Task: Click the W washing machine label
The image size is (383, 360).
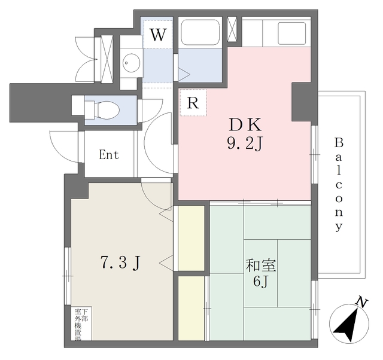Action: [x=157, y=35]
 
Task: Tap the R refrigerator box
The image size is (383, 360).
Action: [x=192, y=103]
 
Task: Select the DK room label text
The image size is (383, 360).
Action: [x=244, y=125]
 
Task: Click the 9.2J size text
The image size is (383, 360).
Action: [x=244, y=144]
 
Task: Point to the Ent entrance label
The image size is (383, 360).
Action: [x=109, y=155]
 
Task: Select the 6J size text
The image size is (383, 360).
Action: [x=260, y=282]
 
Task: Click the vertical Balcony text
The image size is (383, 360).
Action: [x=339, y=184]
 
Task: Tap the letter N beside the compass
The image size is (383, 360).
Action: [x=360, y=303]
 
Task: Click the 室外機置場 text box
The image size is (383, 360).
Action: [x=82, y=324]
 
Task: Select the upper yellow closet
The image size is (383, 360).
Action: [x=190, y=237]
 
